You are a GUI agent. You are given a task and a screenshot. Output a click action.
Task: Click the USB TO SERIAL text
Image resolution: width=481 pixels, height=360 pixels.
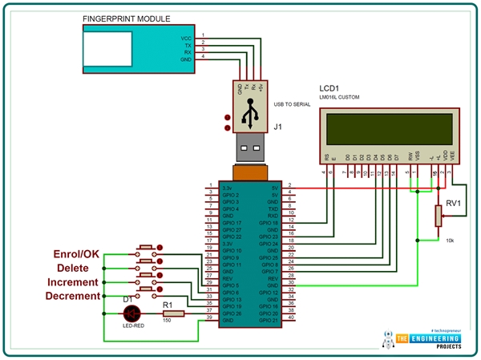coord(293,103)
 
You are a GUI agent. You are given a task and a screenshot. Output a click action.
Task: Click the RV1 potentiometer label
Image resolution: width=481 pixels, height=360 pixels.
coord(454,204)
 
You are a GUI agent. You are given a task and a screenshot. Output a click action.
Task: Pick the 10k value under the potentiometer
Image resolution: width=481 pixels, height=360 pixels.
coord(450,241)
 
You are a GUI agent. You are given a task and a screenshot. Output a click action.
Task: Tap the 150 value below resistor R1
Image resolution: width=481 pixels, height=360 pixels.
coord(167,322)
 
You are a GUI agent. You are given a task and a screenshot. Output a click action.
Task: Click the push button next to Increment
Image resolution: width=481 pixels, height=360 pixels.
coord(147,279)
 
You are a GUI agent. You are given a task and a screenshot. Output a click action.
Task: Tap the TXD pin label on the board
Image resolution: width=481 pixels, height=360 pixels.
coord(273,208)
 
